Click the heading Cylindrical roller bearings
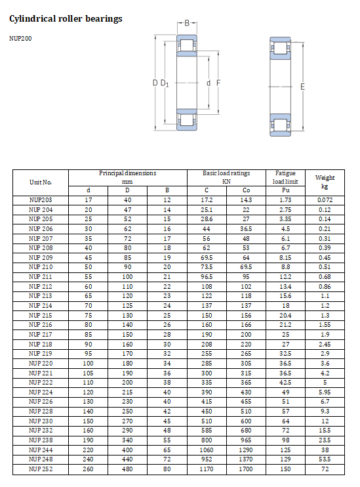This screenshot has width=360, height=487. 66,19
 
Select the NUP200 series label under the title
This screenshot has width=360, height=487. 20,38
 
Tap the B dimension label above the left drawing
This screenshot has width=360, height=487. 187,24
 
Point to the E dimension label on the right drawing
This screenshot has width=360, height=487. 302,87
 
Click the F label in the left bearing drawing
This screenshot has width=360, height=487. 218,83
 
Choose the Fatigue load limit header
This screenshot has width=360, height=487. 285,177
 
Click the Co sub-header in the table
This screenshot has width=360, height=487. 246,190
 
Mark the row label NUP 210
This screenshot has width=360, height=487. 41,267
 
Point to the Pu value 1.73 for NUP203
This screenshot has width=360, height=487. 285,199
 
